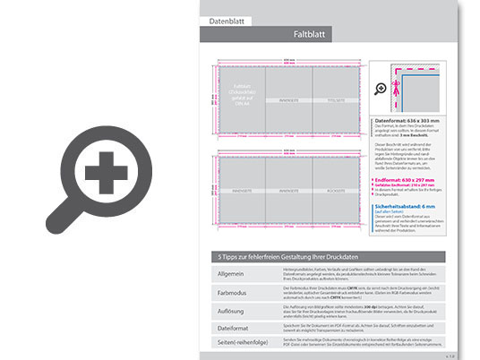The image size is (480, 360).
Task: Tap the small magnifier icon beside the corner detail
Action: click(380, 89)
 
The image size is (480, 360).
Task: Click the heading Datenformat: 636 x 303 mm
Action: click(407, 119)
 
